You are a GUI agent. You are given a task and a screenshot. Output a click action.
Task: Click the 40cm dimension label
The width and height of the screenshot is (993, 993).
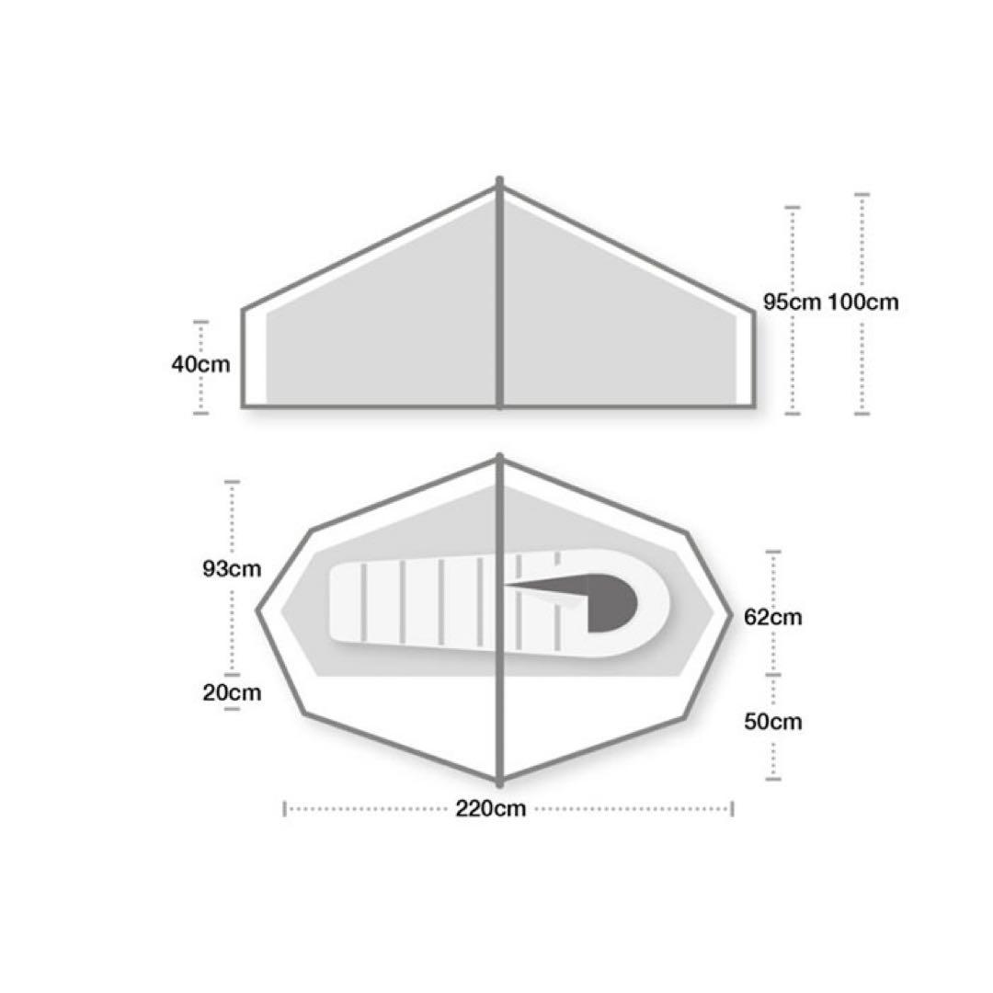200,365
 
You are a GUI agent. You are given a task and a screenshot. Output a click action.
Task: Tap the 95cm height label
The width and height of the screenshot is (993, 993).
792,302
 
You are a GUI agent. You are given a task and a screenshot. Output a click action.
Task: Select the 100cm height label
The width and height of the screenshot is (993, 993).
863,302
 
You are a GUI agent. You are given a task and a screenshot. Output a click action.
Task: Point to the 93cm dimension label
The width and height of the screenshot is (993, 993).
232,569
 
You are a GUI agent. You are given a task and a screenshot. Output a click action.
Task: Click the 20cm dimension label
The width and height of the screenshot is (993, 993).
232,692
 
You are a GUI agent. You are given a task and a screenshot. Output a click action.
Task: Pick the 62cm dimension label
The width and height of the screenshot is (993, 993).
772,617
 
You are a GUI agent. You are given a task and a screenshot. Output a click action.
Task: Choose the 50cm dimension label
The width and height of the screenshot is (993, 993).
772,722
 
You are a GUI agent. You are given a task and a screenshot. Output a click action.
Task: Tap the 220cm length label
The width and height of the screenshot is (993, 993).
491,809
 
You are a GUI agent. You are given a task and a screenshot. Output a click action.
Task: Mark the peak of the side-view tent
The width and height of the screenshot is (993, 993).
499,180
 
